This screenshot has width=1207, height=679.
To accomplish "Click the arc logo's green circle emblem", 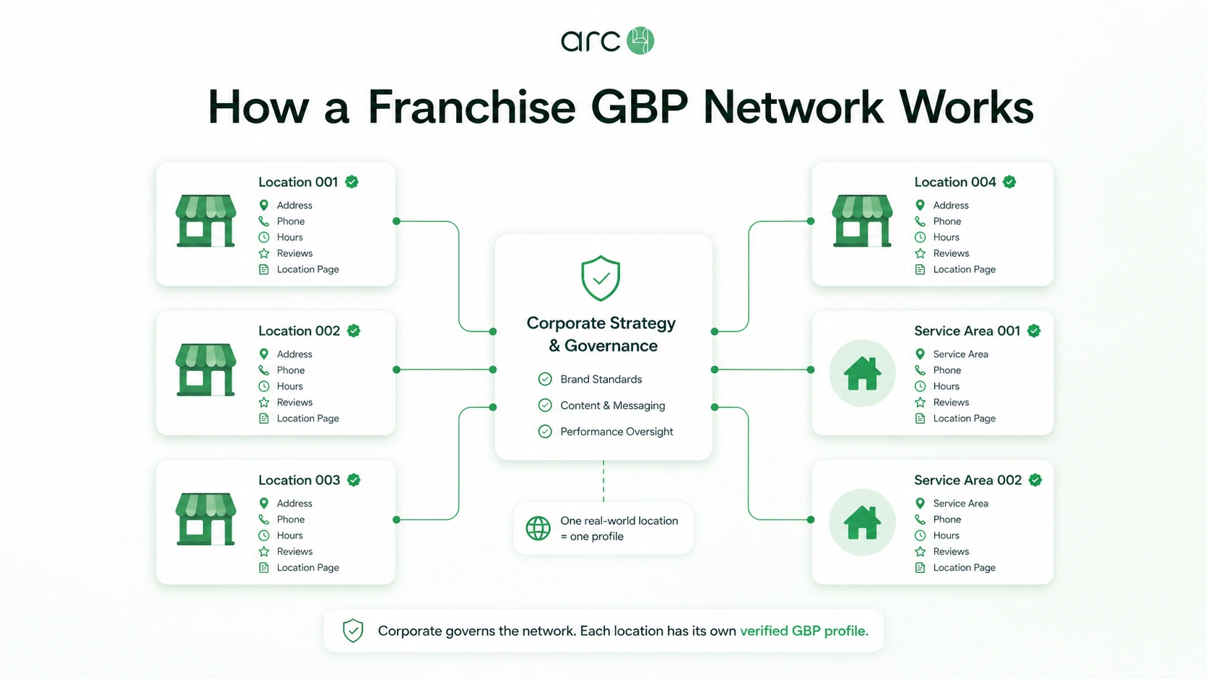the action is click(x=640, y=40).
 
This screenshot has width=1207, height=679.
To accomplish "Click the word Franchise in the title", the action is click(x=472, y=107).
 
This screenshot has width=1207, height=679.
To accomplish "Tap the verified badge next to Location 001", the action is click(x=352, y=182).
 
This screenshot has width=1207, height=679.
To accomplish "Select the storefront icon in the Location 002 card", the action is click(x=206, y=370).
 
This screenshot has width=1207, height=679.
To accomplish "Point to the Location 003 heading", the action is click(x=299, y=480).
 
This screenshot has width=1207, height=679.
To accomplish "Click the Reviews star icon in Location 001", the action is click(x=263, y=253).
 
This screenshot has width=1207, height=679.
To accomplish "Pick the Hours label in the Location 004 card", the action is click(x=946, y=237).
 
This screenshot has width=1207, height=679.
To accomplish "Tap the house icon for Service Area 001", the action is click(x=862, y=373).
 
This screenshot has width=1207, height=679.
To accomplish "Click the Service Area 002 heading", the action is click(x=968, y=480).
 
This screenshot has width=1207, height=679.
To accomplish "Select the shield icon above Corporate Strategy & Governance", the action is click(x=601, y=278).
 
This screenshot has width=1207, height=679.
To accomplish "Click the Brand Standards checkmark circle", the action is click(x=545, y=379).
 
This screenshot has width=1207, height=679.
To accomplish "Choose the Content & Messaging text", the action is click(x=613, y=406).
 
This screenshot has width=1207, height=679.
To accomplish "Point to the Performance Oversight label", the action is click(x=616, y=432).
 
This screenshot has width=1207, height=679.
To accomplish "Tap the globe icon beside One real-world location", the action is click(x=539, y=528).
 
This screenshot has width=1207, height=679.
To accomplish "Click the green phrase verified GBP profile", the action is click(x=804, y=631).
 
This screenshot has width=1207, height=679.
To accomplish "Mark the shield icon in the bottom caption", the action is click(x=353, y=631).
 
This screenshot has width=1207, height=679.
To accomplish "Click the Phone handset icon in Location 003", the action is click(x=263, y=519).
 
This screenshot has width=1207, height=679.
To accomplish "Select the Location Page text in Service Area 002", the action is click(x=964, y=567).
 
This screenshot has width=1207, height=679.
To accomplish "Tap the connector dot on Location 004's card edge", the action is click(x=811, y=221).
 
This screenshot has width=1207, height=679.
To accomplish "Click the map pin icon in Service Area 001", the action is click(x=920, y=354).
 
